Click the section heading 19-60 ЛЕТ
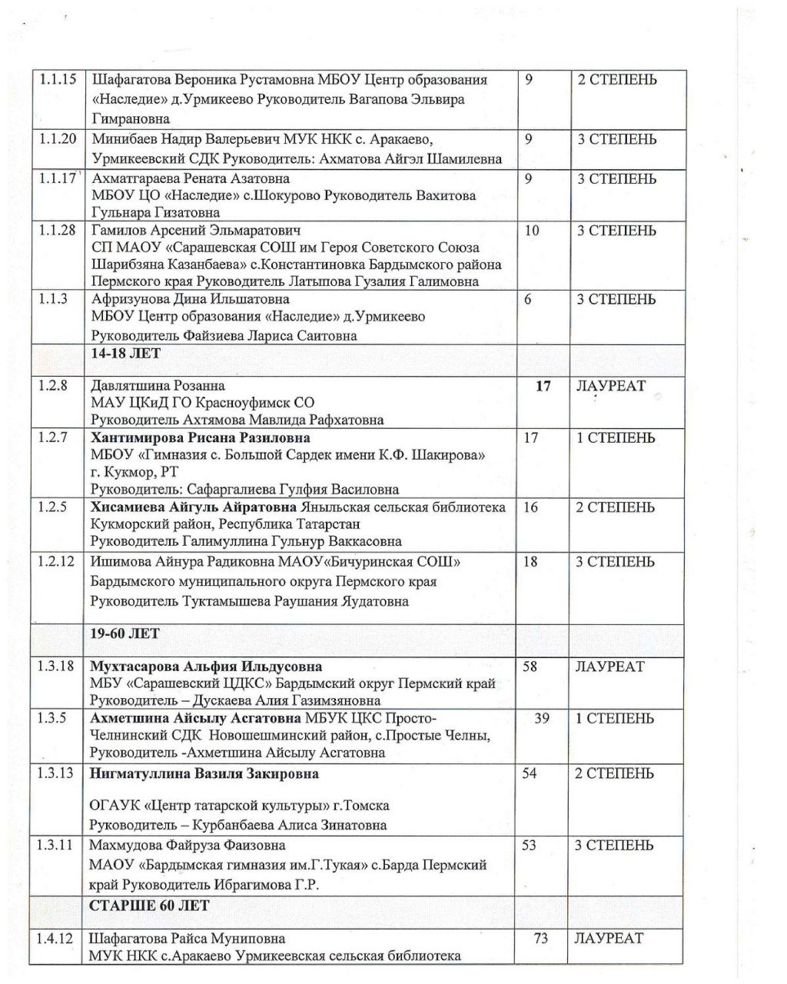tap(125, 633)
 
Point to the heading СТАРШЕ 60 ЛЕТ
tap(149, 906)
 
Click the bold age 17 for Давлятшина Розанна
tap(543, 387)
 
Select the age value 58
tap(530, 667)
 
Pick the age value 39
tap(542, 719)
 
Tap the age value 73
tap(541, 939)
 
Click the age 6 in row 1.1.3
tap(528, 300)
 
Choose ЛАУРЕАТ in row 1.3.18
tap(609, 667)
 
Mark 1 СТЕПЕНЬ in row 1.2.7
tap(616, 438)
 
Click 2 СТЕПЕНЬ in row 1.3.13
tap(616, 773)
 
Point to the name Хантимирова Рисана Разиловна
tap(201, 438)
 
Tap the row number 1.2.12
tap(56, 562)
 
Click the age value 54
tap(530, 773)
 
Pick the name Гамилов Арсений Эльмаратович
tap(196, 231)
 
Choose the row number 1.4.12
tap(56, 939)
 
